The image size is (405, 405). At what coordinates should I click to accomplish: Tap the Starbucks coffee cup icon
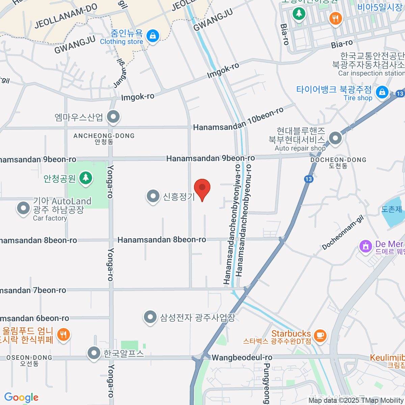[x=320, y=335]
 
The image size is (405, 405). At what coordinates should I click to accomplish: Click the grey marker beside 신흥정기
[x=153, y=196]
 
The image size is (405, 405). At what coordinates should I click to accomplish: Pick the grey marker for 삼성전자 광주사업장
[x=150, y=317]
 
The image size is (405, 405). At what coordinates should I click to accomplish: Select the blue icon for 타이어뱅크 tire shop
[x=382, y=92]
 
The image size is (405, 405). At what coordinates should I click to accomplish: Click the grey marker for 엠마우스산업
[x=113, y=117]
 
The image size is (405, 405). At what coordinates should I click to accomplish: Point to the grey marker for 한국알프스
[x=94, y=353]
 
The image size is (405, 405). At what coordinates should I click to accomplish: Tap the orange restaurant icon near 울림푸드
[x=63, y=334]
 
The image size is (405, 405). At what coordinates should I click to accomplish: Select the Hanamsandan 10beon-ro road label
[x=238, y=120]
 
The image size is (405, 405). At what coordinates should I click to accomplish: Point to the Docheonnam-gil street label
[x=343, y=233]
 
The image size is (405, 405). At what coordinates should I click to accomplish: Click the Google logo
[x=21, y=398]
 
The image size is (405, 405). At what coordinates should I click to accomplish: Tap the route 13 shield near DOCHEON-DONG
[x=308, y=179]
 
